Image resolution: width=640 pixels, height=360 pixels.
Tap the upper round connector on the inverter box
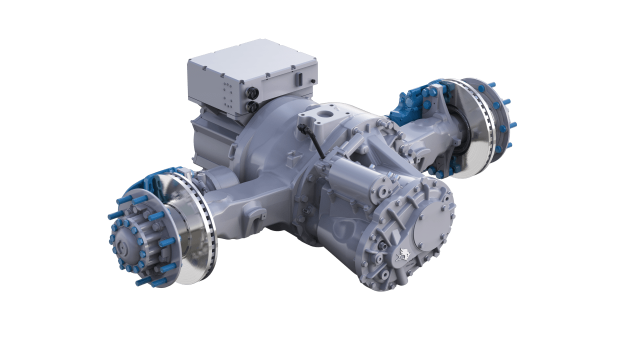tap(253, 93)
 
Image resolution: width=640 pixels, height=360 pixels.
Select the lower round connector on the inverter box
tap(253, 106)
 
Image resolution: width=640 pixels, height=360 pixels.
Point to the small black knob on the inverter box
tap(312, 80)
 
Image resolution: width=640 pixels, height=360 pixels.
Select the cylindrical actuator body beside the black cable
tap(350, 180)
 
